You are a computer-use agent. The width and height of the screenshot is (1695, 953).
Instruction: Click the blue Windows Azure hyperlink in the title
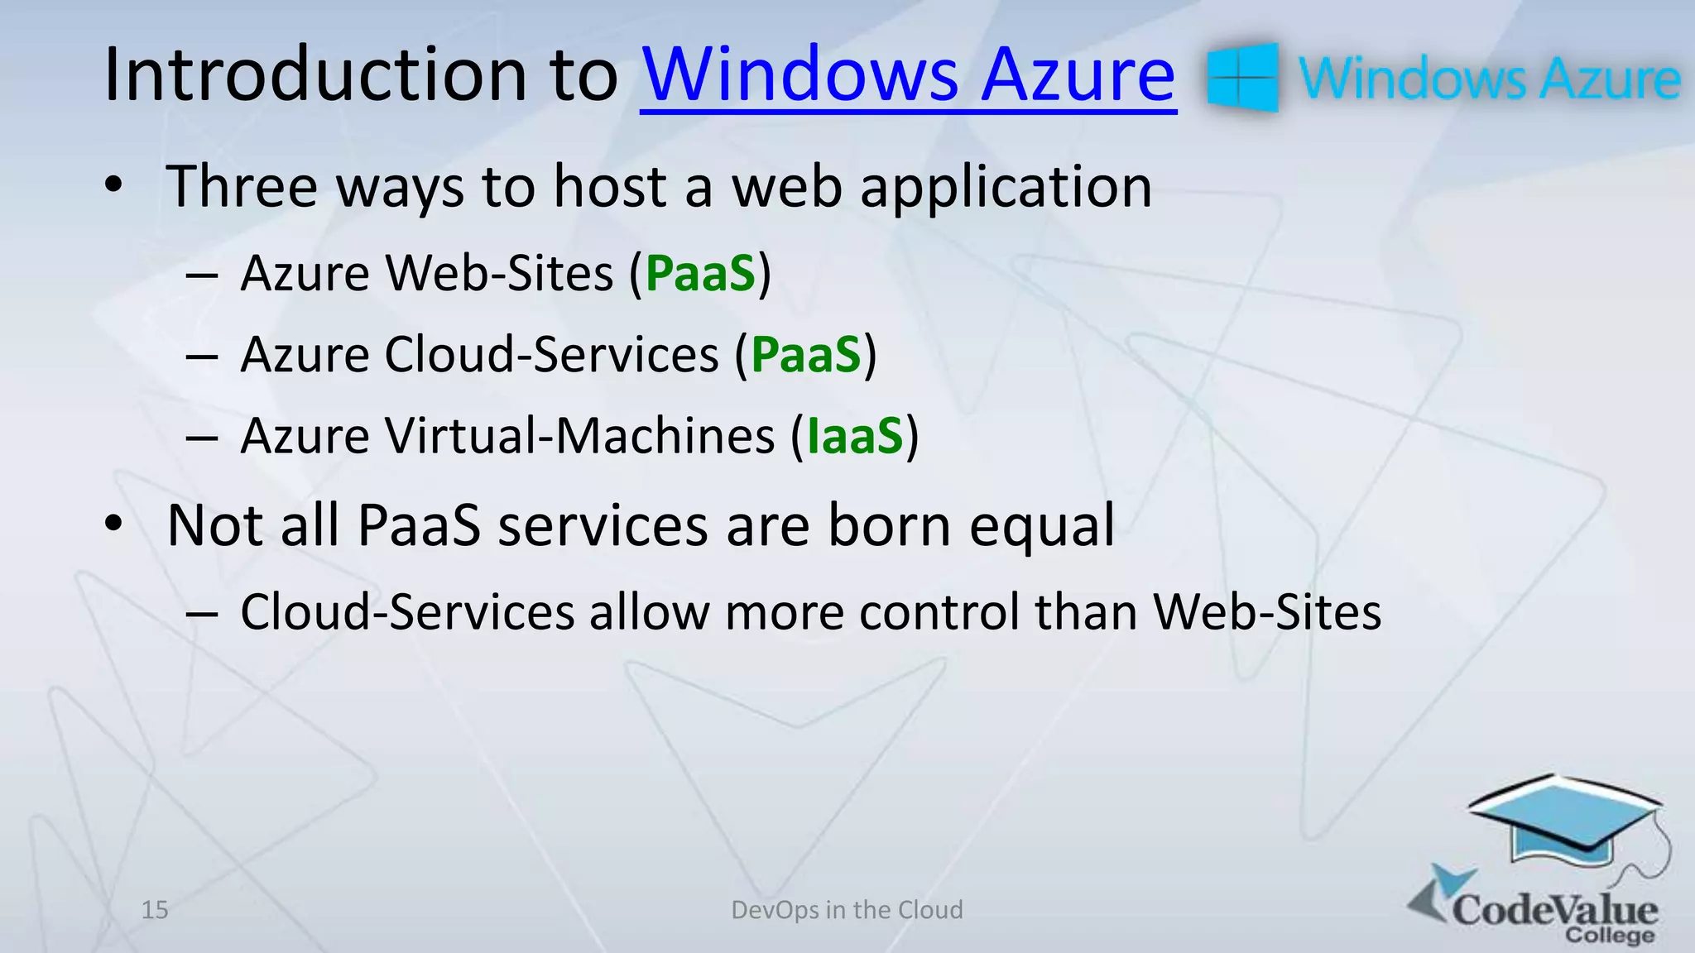click(x=908, y=75)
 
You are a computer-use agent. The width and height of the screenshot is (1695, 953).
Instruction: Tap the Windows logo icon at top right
click(x=1242, y=78)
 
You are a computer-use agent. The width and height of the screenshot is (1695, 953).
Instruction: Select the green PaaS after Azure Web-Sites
click(x=700, y=274)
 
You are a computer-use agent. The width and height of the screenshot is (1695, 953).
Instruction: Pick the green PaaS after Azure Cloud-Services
click(x=806, y=355)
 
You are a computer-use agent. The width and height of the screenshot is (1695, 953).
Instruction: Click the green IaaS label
click(x=854, y=436)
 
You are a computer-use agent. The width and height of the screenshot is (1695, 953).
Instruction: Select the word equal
click(x=1042, y=527)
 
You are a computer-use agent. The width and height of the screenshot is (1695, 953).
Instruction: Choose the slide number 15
click(x=155, y=910)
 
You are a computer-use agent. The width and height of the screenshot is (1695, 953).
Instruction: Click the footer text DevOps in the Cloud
click(x=847, y=910)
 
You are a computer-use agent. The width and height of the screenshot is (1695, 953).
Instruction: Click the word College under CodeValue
click(x=1610, y=936)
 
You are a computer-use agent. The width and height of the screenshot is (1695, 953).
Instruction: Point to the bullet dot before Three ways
click(x=113, y=185)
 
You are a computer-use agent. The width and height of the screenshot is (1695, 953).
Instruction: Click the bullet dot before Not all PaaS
click(x=113, y=524)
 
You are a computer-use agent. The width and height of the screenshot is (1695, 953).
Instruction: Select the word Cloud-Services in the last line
click(x=407, y=613)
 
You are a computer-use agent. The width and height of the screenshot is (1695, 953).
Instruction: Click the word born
click(x=889, y=525)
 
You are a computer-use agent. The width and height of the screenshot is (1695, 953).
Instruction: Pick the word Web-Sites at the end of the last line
click(x=1267, y=613)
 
